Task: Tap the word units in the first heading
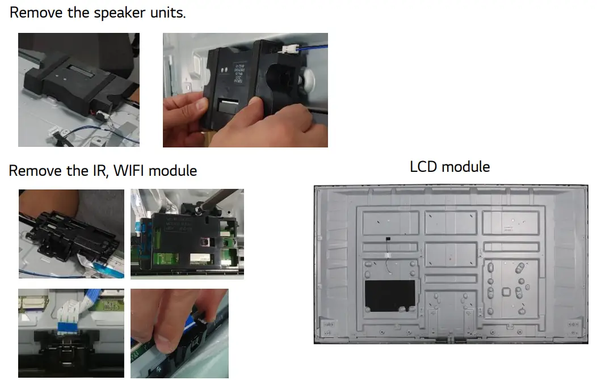click(x=167, y=12)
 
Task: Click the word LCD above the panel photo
click(x=424, y=167)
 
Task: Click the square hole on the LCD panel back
click(x=506, y=291)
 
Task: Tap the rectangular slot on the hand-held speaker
click(x=228, y=105)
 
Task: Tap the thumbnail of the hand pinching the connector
click(x=179, y=333)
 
